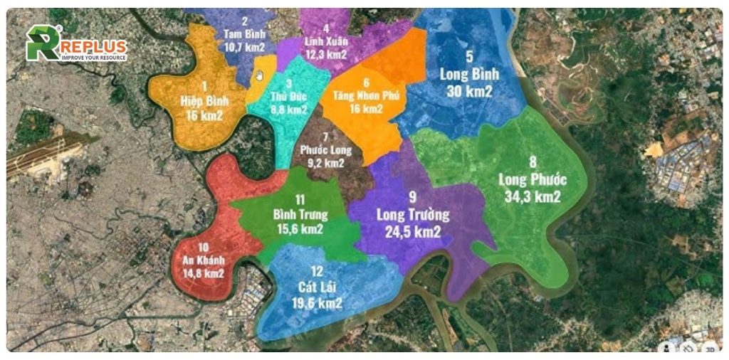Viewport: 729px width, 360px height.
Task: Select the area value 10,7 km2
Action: [244, 46]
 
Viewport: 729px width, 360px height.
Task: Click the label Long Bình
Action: [469, 74]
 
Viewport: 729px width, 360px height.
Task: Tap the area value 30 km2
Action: [469, 90]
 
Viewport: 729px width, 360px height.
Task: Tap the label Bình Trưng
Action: [300, 215]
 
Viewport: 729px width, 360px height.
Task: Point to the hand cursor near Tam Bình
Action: [260, 76]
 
